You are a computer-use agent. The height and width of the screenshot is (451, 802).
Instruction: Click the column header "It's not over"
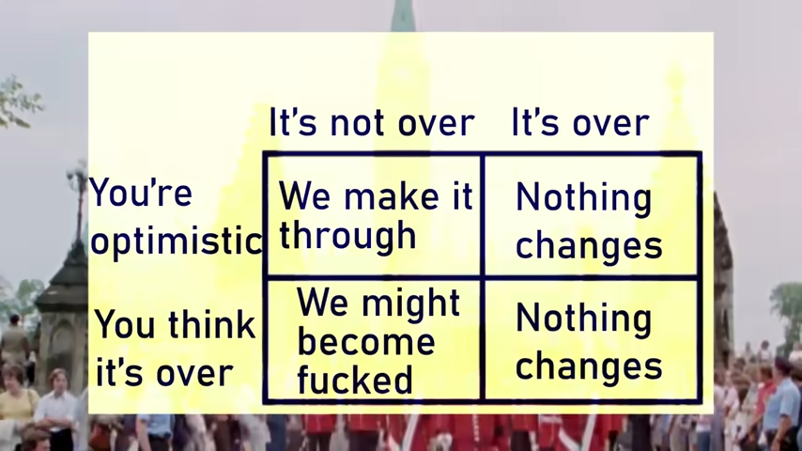[x=371, y=122]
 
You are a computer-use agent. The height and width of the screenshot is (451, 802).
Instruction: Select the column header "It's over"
[x=580, y=122]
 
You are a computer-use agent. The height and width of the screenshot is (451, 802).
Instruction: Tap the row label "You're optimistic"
[x=177, y=216]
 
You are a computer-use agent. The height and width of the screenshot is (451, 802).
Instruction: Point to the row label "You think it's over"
[x=175, y=348]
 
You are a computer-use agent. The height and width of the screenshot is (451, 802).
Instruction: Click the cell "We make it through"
[x=376, y=215]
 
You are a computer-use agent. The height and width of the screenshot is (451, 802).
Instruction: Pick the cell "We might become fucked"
[x=378, y=341]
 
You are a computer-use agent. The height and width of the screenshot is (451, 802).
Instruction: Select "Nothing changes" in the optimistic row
[x=589, y=221]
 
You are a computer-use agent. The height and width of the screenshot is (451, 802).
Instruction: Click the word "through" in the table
[x=347, y=236]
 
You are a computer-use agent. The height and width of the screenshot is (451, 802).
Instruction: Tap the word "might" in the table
[x=411, y=303]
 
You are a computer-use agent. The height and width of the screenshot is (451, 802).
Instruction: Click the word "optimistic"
[x=177, y=241]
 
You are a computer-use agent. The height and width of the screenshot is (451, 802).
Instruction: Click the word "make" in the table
[x=392, y=196]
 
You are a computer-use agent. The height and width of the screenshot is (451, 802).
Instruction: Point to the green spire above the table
[x=404, y=15]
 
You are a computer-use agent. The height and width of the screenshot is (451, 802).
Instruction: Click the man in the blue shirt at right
[x=781, y=404]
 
